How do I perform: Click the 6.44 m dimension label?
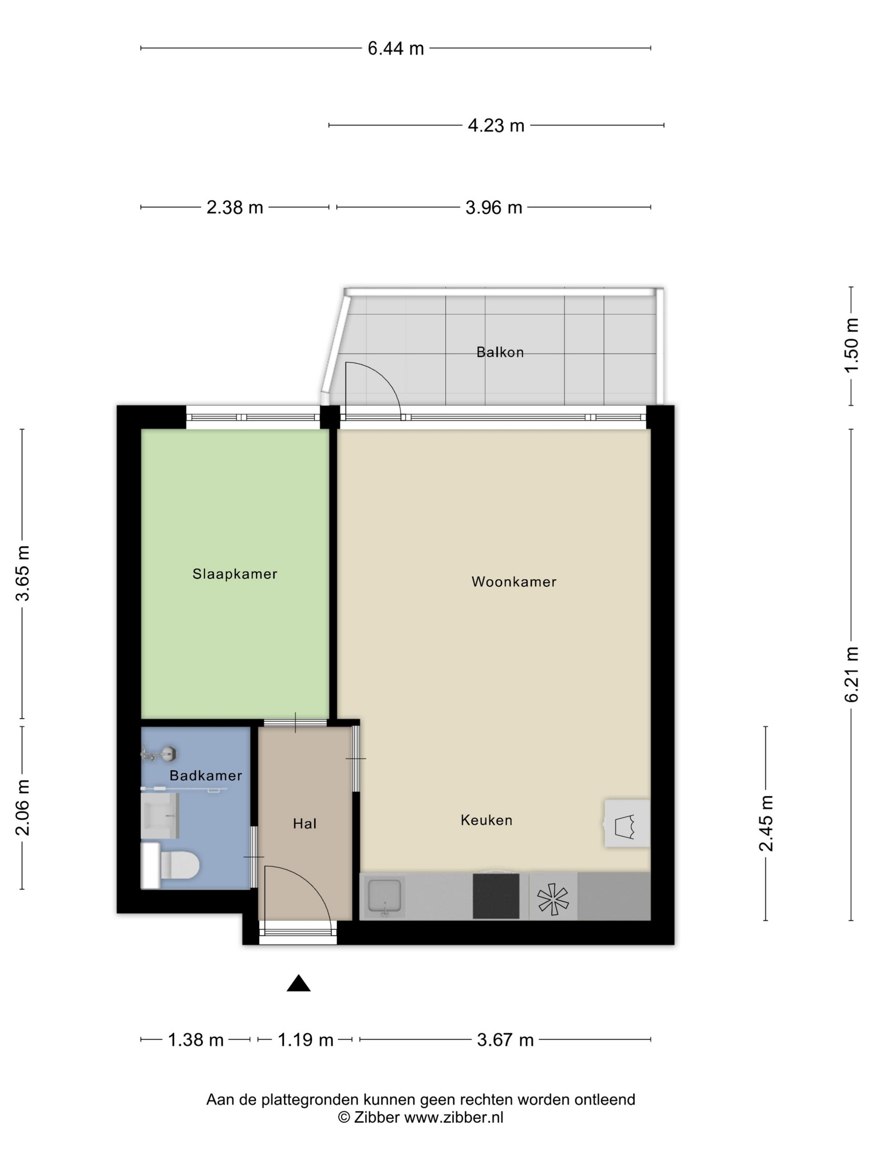(395, 48)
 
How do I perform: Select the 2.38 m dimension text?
(235, 207)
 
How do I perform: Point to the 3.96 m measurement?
(493, 207)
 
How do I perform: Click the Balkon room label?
(500, 352)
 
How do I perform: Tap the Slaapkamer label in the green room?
(235, 574)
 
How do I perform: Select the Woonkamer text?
(513, 582)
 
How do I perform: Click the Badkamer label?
(206, 775)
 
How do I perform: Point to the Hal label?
(305, 824)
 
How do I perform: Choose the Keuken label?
(486, 820)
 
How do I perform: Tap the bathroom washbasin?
(160, 816)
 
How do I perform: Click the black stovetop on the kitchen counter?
(496, 896)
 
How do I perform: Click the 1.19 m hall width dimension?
(305, 1040)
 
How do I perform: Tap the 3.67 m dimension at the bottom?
(505, 1040)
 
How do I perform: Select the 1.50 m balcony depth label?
(851, 345)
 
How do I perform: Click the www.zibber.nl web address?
(454, 1117)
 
